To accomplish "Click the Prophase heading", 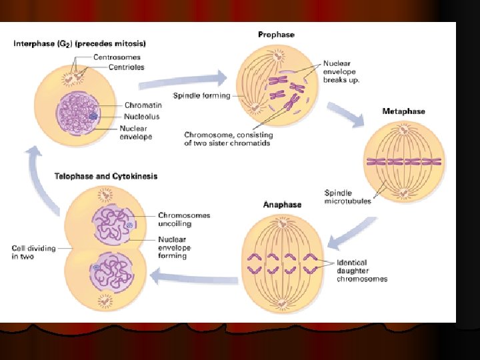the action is tap(276, 34).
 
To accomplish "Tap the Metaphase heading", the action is tap(403, 111).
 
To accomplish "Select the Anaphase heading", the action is tap(282, 205).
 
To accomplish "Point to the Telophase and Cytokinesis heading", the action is tap(106, 177).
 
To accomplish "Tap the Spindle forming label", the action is tap(201, 95).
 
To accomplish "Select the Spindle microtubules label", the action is tap(347, 197).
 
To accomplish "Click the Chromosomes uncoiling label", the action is tap(184, 219).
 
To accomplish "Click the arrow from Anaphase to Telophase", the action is tap(193, 274).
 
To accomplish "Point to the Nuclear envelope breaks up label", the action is tap(342, 71).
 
